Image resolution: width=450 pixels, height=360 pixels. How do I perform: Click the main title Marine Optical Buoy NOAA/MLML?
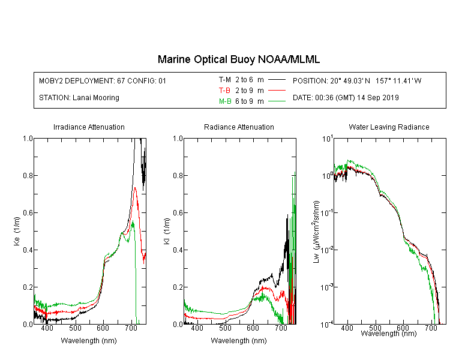(x=238, y=59)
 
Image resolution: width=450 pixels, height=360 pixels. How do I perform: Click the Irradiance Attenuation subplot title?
(x=89, y=127)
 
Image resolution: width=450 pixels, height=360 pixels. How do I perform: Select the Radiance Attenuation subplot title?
(x=239, y=127)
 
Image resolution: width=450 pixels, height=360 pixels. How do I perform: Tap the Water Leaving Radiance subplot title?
(x=389, y=127)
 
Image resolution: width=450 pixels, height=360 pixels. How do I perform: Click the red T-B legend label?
(x=224, y=91)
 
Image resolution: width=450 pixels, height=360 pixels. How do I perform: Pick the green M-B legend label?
(x=225, y=101)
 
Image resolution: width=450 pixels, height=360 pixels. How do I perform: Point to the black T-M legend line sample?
(x=277, y=80)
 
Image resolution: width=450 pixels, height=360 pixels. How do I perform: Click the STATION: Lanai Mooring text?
(x=79, y=98)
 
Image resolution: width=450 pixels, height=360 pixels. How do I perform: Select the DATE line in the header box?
(x=346, y=98)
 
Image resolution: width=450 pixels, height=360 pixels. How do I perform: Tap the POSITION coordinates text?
(x=357, y=80)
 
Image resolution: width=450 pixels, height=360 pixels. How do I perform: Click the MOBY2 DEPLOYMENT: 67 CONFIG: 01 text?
(x=103, y=80)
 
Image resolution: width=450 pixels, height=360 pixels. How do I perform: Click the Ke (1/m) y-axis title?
(x=17, y=232)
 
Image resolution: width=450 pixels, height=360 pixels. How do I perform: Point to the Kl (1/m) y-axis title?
(x=167, y=232)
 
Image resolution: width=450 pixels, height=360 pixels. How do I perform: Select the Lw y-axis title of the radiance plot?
(x=316, y=232)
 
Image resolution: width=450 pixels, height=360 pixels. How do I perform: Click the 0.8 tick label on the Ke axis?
(x=28, y=175)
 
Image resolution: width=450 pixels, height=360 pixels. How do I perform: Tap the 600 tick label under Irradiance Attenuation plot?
(x=103, y=328)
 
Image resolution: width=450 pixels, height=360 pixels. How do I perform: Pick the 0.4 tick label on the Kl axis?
(x=178, y=250)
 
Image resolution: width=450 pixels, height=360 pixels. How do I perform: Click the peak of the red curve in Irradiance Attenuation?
(x=135, y=188)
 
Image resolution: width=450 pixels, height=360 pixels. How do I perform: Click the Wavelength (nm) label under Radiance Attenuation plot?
(x=239, y=340)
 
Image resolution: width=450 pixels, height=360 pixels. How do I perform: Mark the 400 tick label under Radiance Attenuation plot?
(x=197, y=328)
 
